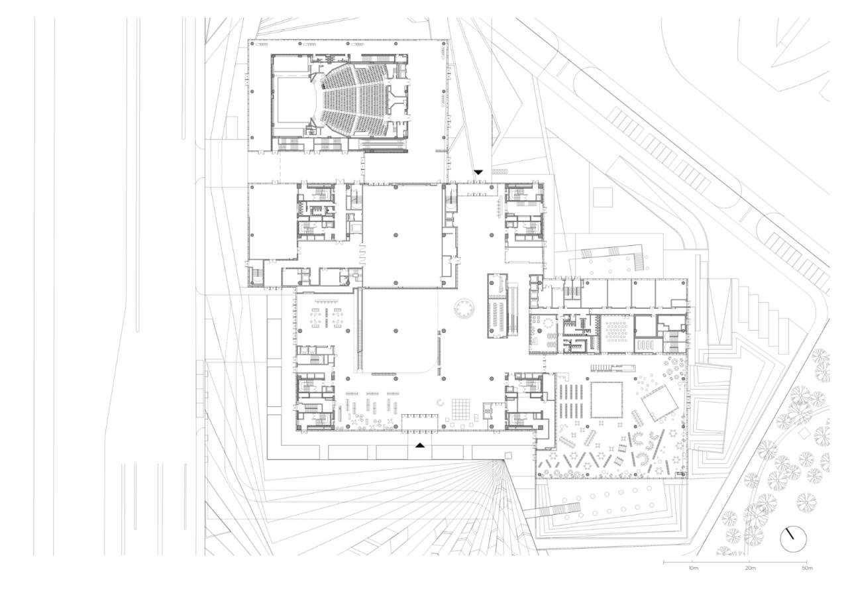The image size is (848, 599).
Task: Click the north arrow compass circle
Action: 792,539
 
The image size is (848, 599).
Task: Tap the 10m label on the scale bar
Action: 692,569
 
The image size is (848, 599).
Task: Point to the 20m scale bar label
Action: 750,569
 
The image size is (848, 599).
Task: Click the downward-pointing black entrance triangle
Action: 478,172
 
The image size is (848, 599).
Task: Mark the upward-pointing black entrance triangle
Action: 419,445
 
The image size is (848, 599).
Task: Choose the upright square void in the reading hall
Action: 607,399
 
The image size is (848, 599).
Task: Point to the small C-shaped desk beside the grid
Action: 440,401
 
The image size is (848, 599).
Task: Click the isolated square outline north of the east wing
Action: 603,197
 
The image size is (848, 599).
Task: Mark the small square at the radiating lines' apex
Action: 509,456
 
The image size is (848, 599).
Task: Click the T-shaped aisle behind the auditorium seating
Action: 397,99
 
